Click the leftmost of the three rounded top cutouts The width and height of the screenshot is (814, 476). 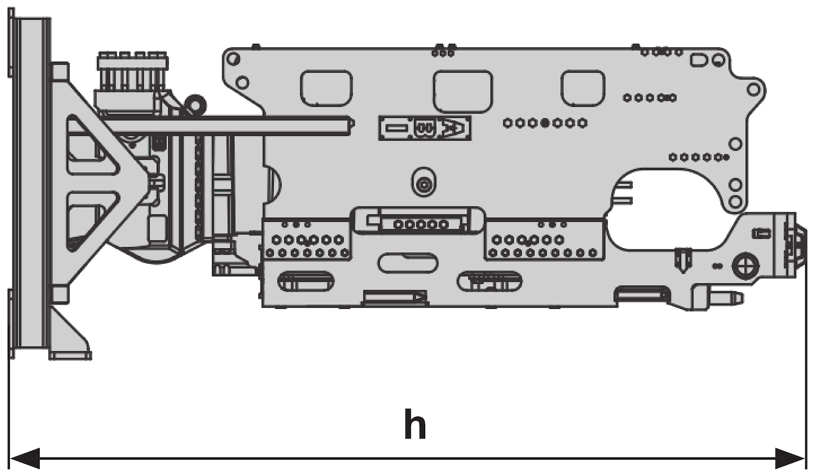click(x=326, y=88)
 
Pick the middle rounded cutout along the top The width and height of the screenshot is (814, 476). click(x=463, y=91)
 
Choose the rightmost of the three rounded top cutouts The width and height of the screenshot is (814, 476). click(x=583, y=88)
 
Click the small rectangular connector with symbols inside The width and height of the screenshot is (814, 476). click(x=424, y=128)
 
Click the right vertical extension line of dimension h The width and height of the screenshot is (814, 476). click(x=806, y=358)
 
